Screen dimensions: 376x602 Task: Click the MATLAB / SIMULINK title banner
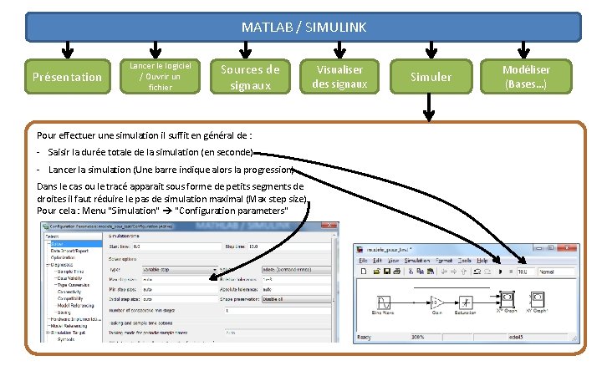click(304, 27)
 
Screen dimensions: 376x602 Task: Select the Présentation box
click(67, 77)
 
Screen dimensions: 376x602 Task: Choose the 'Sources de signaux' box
click(250, 77)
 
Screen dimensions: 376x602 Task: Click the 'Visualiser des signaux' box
click(339, 77)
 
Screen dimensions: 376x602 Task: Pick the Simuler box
click(431, 77)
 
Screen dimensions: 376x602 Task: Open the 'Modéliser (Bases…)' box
click(526, 77)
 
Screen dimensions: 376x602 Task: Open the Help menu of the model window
click(482, 261)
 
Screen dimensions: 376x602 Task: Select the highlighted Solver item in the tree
click(58, 242)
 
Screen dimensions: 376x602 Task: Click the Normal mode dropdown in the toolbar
click(556, 272)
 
